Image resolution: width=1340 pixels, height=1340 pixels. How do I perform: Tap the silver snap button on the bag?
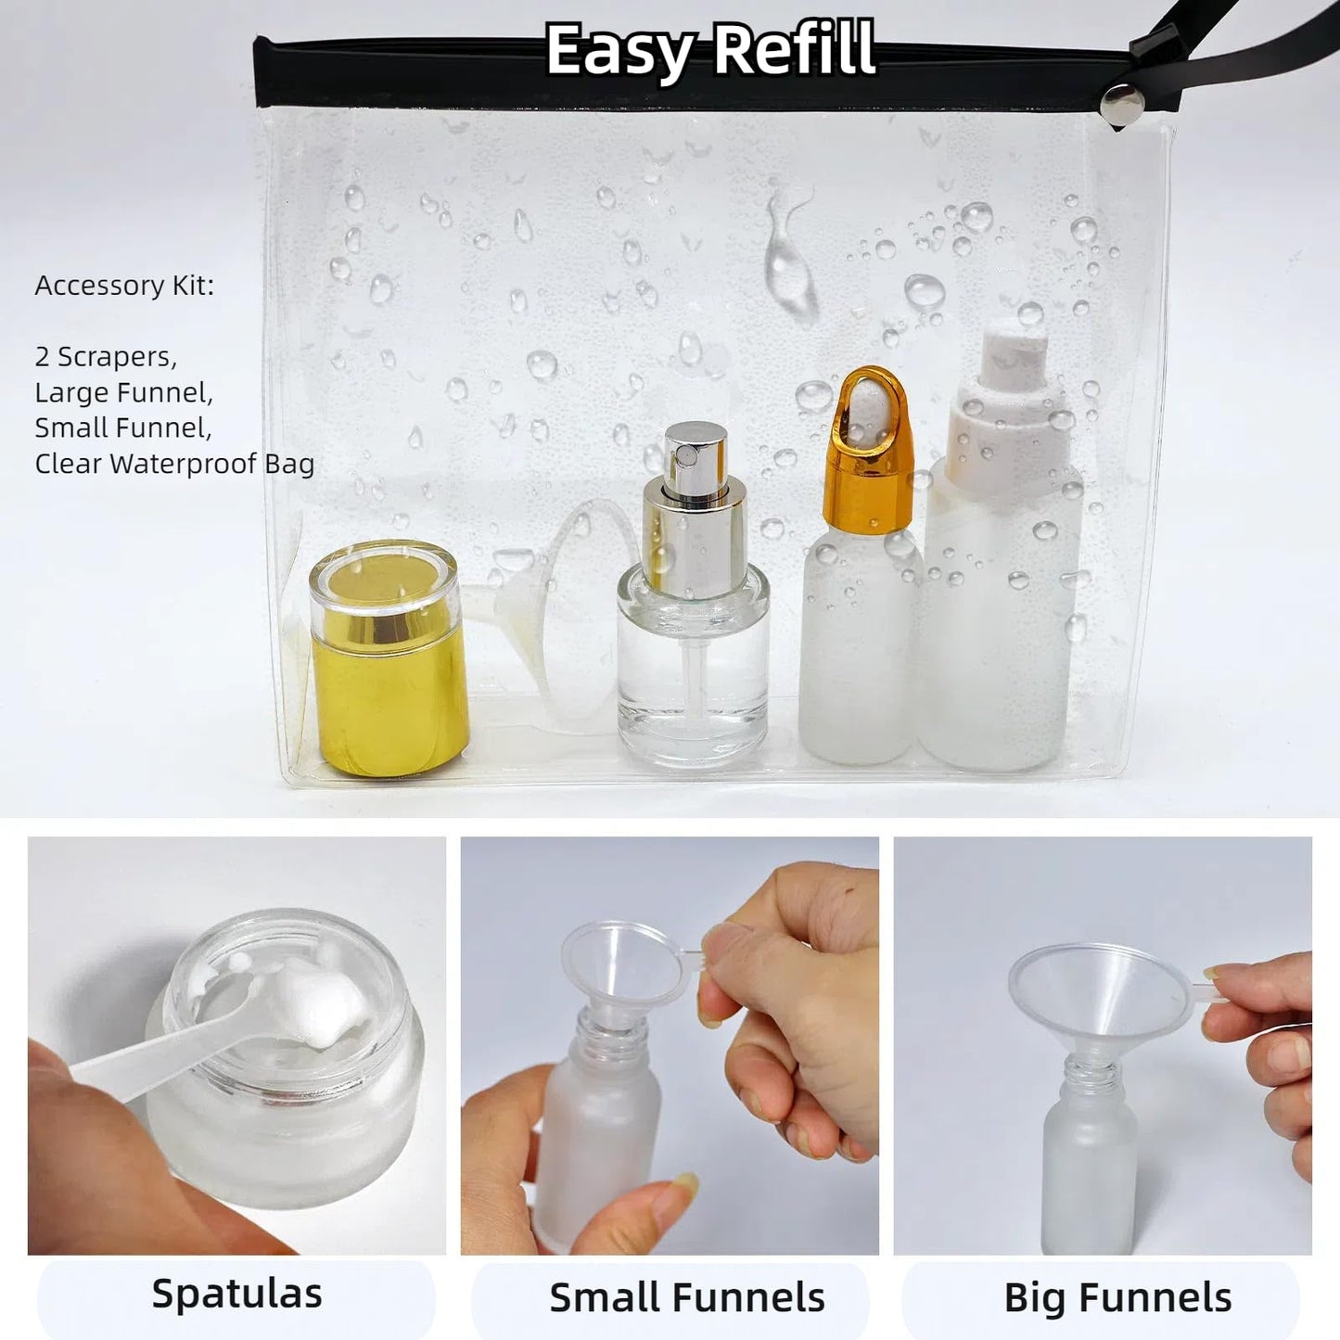pos(1121,102)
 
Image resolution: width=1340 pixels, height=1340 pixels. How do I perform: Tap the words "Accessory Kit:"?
pos(124,286)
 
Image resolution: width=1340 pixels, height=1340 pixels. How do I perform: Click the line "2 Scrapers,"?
pos(106,357)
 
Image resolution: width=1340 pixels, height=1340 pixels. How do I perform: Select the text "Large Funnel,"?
pos(124,392)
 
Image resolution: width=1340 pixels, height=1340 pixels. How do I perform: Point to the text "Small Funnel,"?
pos(123,428)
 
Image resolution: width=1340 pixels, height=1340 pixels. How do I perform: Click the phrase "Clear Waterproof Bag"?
pos(174,464)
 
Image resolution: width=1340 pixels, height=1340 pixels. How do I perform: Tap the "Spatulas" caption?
pos(236,1294)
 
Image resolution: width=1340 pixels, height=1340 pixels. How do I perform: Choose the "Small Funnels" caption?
pos(686,1297)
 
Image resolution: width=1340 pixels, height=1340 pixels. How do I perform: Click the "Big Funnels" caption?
pos(1117,1297)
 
